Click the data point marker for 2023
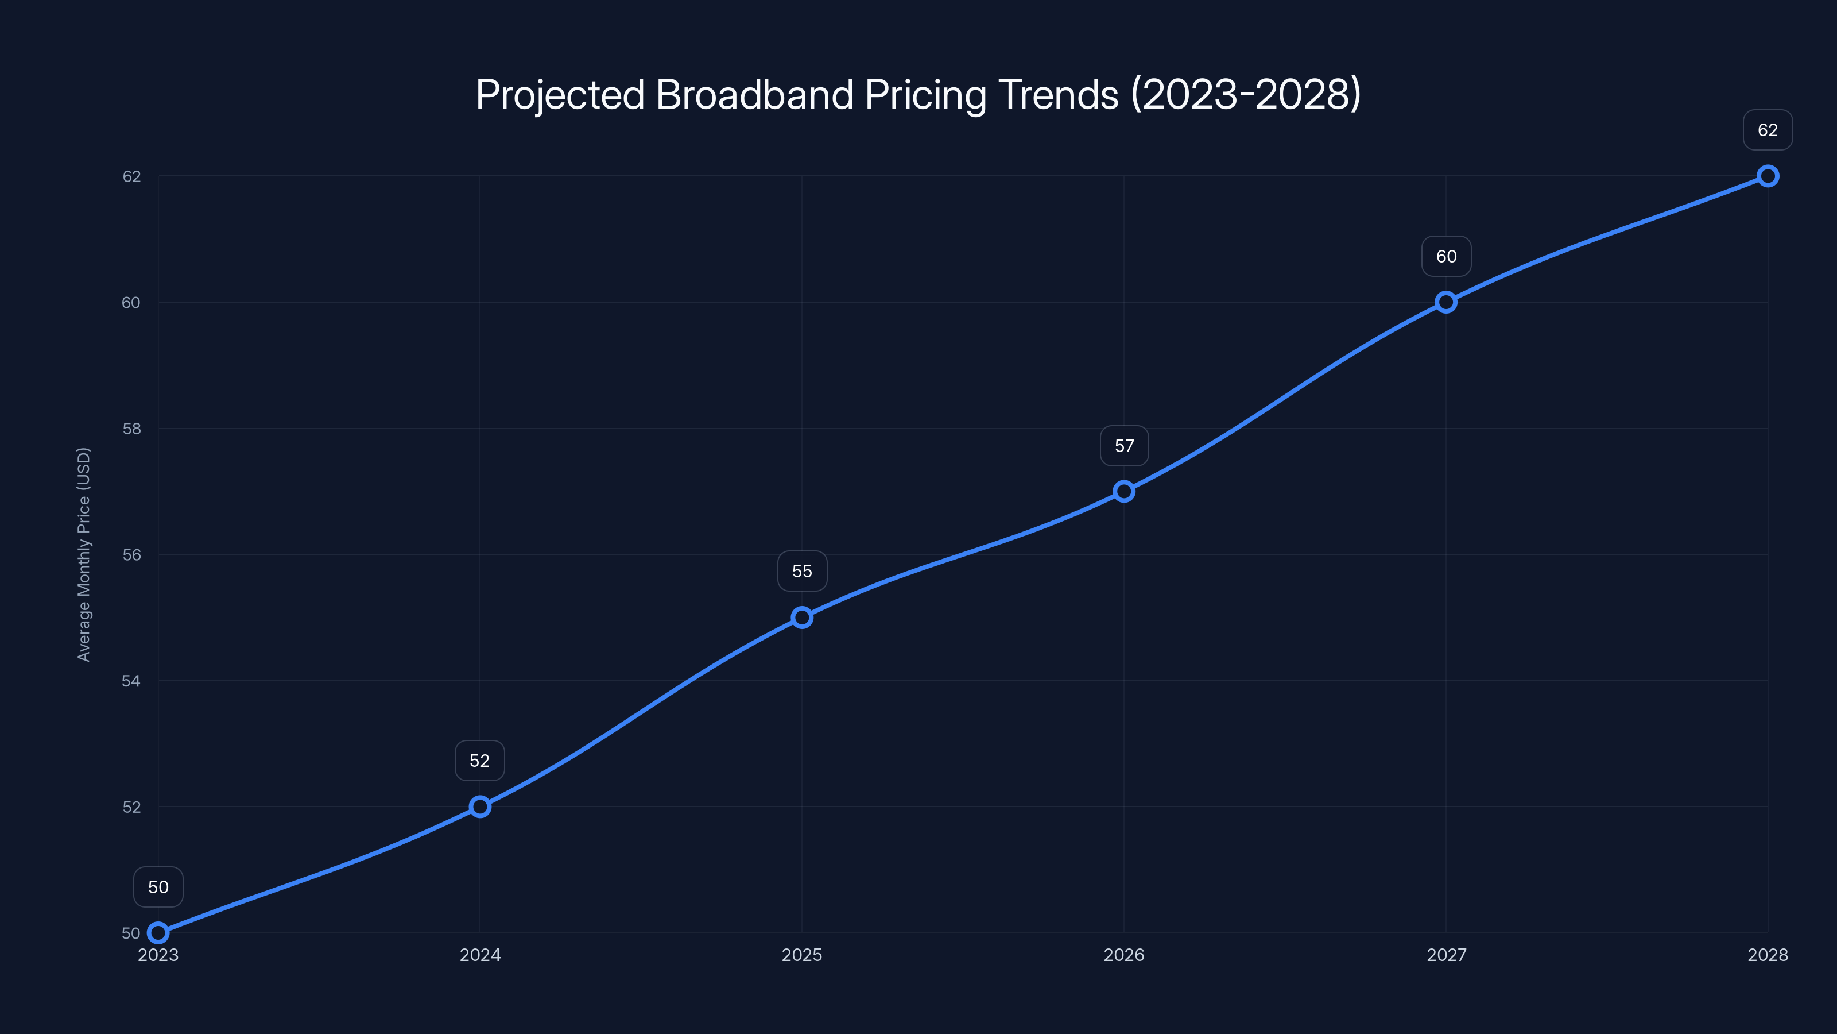pos(158,933)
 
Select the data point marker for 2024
pos(480,807)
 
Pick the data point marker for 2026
pos(1124,491)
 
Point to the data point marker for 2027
pos(1445,302)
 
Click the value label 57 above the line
pos(1124,446)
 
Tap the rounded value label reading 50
pos(158,887)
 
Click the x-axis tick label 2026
pos(1124,955)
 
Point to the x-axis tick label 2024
pos(480,955)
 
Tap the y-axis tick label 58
pos(131,429)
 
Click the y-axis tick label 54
pos(131,681)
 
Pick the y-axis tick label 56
pos(131,554)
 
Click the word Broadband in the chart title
pos(754,94)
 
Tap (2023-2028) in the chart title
pos(1246,94)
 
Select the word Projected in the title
pos(560,95)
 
